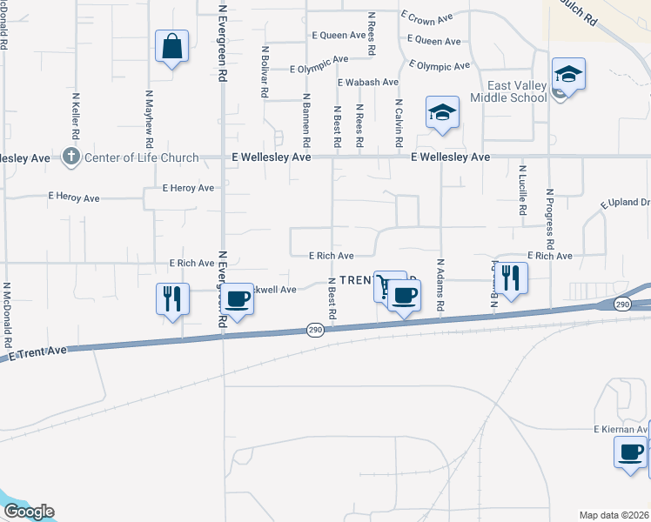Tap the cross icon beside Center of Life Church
(x=71, y=157)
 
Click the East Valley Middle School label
(x=505, y=91)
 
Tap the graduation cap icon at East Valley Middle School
(x=567, y=74)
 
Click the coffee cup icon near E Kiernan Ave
(x=630, y=452)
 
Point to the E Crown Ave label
(x=427, y=17)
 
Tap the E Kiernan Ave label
(x=621, y=430)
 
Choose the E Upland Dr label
(x=626, y=204)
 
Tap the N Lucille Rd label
(x=522, y=191)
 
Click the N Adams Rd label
(x=441, y=285)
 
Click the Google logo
(x=29, y=512)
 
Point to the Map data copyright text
(x=614, y=515)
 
